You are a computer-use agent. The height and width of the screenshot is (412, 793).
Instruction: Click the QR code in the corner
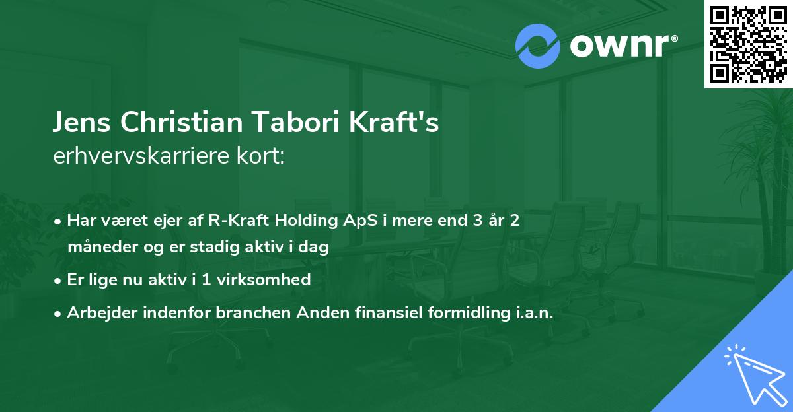(748, 44)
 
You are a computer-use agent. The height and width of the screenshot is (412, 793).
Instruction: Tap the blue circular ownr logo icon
(538, 46)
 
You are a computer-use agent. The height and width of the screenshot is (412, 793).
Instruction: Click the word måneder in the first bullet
(96, 248)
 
